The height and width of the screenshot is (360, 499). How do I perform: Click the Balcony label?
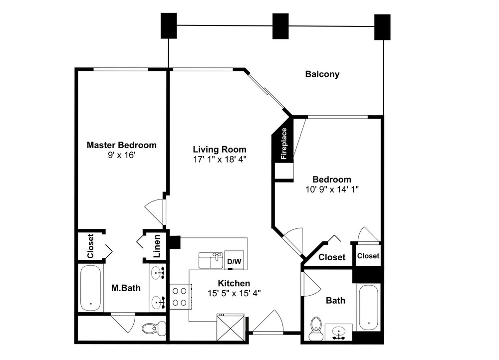(322, 74)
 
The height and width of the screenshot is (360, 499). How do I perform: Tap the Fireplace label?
(284, 144)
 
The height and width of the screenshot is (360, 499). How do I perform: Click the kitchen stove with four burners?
(181, 296)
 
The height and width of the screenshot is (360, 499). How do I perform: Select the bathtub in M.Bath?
(91, 288)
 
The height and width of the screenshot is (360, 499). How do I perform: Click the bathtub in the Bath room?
(369, 308)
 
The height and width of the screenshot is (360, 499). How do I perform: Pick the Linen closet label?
(157, 246)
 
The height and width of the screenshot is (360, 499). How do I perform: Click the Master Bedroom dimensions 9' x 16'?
(122, 155)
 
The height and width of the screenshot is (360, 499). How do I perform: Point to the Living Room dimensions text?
(220, 160)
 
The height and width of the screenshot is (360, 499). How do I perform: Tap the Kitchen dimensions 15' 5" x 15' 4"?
(234, 293)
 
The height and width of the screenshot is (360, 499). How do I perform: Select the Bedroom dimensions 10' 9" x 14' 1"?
(332, 189)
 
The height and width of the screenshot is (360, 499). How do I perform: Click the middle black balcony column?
(280, 26)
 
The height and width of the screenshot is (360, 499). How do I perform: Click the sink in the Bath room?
(339, 333)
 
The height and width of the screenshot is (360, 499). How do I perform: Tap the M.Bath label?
(126, 288)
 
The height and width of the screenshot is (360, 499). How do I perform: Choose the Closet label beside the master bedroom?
(90, 246)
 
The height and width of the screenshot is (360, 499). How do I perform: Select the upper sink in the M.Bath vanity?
(158, 273)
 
